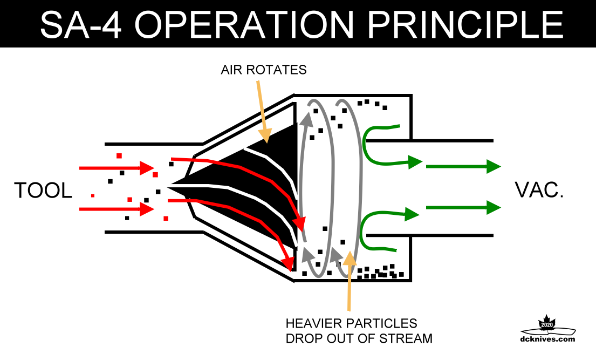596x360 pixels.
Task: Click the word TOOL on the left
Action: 43,191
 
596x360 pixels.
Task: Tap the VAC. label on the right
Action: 539,190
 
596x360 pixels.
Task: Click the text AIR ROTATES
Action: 263,70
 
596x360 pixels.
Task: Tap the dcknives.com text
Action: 548,339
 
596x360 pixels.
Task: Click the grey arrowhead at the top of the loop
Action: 308,118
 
